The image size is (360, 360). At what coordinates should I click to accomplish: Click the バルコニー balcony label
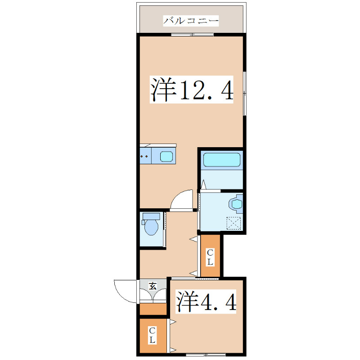tap(191, 21)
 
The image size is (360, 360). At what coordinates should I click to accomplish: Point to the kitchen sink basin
tap(167, 157)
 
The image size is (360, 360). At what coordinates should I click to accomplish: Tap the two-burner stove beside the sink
tap(145, 157)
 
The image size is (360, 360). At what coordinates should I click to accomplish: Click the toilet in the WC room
tap(150, 225)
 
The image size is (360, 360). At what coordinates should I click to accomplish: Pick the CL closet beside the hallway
tap(210, 256)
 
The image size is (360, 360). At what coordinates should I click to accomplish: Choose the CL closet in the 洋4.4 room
tap(153, 335)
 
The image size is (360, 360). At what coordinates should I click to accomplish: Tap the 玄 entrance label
tap(153, 285)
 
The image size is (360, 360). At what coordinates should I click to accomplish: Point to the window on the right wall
tap(244, 92)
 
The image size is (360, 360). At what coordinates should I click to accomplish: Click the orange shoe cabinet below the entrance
tap(153, 309)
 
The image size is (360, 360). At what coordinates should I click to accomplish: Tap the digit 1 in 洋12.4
tap(185, 90)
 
